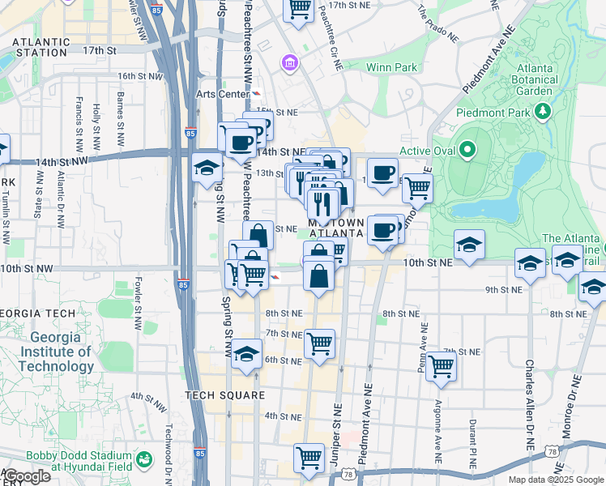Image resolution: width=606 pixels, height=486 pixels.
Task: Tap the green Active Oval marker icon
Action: [467, 150]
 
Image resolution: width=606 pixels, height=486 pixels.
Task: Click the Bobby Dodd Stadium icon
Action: [145, 460]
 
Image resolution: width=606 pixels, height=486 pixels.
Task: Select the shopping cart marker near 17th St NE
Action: [299, 9]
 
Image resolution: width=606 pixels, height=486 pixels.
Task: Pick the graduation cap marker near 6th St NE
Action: [246, 355]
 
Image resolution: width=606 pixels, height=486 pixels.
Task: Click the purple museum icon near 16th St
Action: [288, 62]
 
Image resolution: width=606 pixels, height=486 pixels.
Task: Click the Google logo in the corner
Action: [27, 476]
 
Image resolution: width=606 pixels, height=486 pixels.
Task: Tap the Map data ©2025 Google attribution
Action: [555, 480]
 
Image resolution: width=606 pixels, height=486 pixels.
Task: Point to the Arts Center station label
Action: [222, 94]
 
